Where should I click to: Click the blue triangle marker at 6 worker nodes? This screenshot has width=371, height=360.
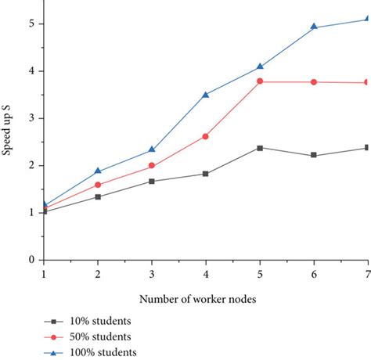314,27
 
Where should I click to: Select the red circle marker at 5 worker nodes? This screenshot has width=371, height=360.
260,81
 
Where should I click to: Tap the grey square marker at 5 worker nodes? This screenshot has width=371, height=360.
260,147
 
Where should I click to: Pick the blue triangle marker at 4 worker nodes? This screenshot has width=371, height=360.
206,95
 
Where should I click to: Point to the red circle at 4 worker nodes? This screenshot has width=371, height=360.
206,136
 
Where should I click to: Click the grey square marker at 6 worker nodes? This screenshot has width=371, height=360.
314,155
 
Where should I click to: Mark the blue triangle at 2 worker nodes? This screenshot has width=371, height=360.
98,171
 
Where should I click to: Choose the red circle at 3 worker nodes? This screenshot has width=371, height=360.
152,166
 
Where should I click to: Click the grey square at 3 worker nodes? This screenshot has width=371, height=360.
152,181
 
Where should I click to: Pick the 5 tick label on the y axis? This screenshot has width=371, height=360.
31,23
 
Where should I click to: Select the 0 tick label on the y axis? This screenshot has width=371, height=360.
31,260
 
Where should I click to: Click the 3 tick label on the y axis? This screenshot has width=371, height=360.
31,118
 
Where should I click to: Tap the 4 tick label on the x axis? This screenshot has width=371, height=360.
206,274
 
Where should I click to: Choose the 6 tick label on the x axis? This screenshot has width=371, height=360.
314,274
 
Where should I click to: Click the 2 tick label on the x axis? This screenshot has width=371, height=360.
98,274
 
